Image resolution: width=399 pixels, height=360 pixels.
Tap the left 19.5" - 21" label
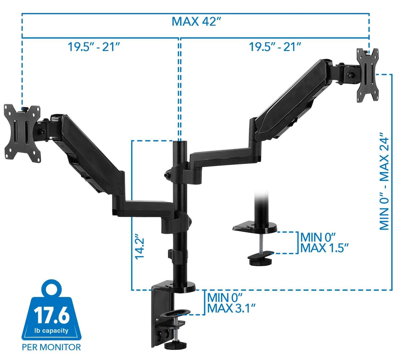94,47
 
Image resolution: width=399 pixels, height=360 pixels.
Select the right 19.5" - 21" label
275,47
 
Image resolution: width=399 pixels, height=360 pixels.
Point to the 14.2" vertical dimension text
140,247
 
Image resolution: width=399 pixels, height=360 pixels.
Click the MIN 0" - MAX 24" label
384,181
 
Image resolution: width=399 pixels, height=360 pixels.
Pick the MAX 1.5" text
324,248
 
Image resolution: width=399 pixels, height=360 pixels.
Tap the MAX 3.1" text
231,309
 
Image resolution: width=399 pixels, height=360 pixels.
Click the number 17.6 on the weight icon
52,316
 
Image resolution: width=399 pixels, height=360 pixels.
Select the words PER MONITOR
51,347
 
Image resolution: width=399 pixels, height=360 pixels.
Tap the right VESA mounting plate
368,75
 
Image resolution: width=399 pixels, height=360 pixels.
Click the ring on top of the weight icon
52,289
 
